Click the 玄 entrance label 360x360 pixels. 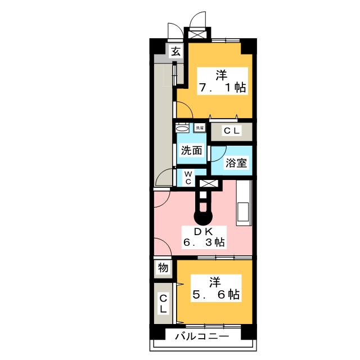point(175,52)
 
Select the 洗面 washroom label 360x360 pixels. point(191,150)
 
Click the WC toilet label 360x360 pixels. point(188,178)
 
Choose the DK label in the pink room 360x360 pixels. point(204,231)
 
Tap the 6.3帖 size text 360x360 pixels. point(204,243)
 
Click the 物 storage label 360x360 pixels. point(163,268)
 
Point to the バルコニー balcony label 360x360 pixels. point(201,337)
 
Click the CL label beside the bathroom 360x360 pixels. point(231,131)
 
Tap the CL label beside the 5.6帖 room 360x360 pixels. point(163,304)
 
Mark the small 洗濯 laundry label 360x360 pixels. point(200,128)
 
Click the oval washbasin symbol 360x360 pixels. point(181,128)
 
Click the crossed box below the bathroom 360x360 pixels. point(208,183)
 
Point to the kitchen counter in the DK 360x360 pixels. point(245,203)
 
